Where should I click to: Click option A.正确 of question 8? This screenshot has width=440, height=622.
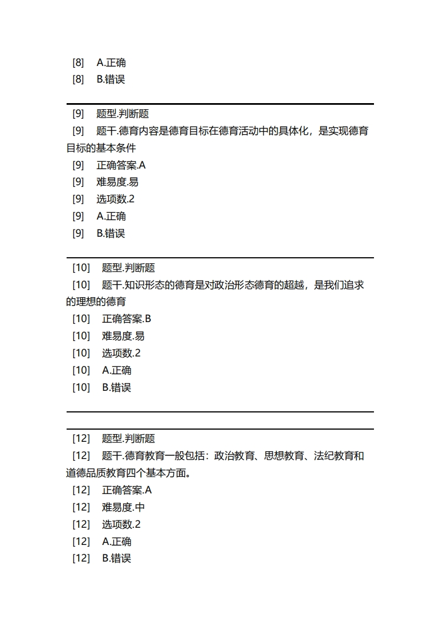pos(111,63)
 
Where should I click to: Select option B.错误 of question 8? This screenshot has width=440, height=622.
pos(111,79)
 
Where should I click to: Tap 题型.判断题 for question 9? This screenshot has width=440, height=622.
pos(123,114)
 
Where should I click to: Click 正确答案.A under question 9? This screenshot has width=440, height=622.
pos(121,165)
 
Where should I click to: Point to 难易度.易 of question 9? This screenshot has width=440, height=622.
pos(118,182)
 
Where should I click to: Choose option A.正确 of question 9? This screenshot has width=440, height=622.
pos(111,216)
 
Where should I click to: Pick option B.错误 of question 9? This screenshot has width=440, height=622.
pos(111,233)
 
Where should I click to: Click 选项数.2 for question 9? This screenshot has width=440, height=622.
pos(115,199)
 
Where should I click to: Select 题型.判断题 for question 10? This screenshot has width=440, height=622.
pos(128,268)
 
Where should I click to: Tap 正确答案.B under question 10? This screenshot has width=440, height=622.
pos(127,319)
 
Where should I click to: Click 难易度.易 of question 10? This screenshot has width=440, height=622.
pos(123,336)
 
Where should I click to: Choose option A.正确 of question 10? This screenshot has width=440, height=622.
pos(117,370)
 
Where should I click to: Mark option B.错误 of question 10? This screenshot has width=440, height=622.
pos(117,388)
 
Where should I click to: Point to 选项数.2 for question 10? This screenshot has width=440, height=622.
pos(121,353)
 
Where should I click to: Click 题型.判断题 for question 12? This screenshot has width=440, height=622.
pos(128,439)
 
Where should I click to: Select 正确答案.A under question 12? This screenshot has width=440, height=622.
pos(127,490)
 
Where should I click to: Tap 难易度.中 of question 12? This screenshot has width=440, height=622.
pos(123,507)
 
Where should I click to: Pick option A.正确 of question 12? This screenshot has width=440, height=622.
pos(117,542)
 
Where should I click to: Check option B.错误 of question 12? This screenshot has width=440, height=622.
pos(117,558)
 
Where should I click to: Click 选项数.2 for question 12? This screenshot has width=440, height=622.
pos(121,524)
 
